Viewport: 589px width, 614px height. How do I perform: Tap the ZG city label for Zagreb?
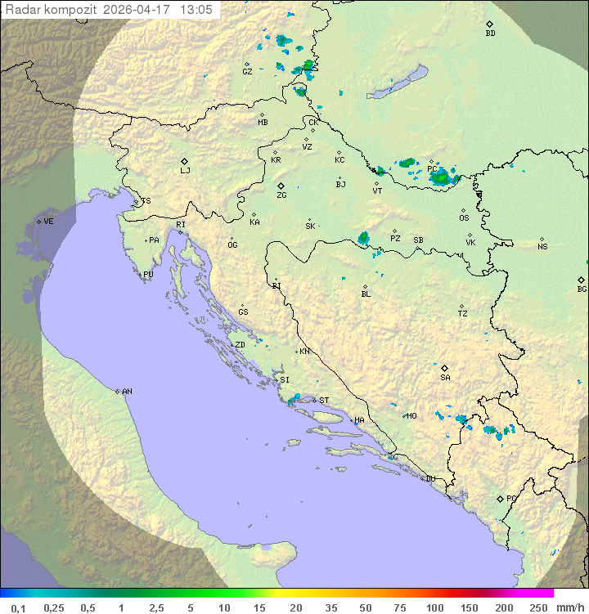click(281, 195)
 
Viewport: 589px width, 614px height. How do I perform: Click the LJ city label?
click(185, 171)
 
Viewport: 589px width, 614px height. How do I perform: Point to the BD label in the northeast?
click(490, 34)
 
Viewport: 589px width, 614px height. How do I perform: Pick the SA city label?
click(445, 378)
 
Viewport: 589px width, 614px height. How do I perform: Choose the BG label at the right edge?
click(582, 289)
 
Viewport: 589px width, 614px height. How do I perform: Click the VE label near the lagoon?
click(48, 222)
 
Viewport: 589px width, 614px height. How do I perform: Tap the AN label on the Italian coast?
click(127, 392)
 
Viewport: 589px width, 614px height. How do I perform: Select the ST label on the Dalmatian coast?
click(324, 401)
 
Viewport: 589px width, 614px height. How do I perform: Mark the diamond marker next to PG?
click(500, 498)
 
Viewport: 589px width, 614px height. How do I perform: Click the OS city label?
click(464, 218)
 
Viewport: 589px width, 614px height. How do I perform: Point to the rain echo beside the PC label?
click(442, 176)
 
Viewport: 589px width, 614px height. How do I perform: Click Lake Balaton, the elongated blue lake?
click(398, 83)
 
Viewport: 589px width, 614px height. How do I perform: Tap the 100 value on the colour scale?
click(434, 607)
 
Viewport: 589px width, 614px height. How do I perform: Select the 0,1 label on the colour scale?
click(18, 607)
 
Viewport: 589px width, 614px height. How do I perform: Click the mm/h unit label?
click(569, 607)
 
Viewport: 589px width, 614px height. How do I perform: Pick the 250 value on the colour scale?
click(537, 607)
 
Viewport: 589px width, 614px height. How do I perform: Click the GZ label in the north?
click(247, 71)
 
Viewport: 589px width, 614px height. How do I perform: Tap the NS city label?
click(542, 247)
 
